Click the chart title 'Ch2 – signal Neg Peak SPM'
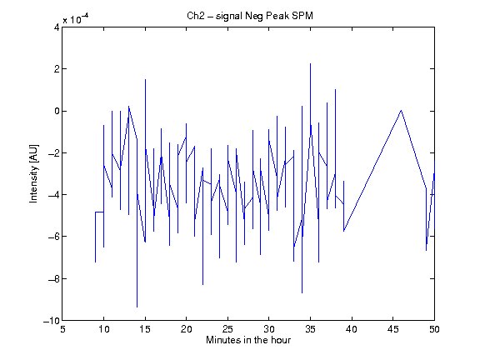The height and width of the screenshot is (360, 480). [x=250, y=16]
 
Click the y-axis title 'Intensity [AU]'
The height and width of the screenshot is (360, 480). [x=33, y=173]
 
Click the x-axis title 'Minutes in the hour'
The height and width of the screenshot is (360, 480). [x=248, y=340]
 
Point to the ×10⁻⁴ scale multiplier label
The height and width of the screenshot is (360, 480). [x=76, y=18]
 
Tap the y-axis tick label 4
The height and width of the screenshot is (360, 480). [x=57, y=27]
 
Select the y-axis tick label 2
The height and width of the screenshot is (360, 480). [x=57, y=69]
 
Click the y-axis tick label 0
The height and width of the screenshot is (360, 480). [x=57, y=111]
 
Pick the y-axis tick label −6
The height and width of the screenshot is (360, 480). [x=53, y=237]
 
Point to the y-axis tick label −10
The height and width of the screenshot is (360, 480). [x=51, y=321]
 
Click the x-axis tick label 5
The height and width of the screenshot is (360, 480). [x=62, y=329]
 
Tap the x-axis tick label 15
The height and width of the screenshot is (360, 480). [x=145, y=329]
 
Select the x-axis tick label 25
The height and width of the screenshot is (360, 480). [x=227, y=329]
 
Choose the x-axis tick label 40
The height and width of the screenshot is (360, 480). [x=352, y=329]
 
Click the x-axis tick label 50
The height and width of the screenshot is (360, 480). [x=434, y=329]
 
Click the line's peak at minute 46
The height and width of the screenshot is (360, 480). [x=401, y=110]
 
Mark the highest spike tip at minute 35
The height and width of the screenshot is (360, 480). [x=310, y=63]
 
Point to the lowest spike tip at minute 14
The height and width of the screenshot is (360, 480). [x=137, y=307]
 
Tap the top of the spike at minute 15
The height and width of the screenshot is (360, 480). [x=145, y=79]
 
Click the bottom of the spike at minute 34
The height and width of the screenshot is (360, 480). [x=302, y=293]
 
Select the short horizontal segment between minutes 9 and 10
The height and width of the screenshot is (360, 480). [x=99, y=212]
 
